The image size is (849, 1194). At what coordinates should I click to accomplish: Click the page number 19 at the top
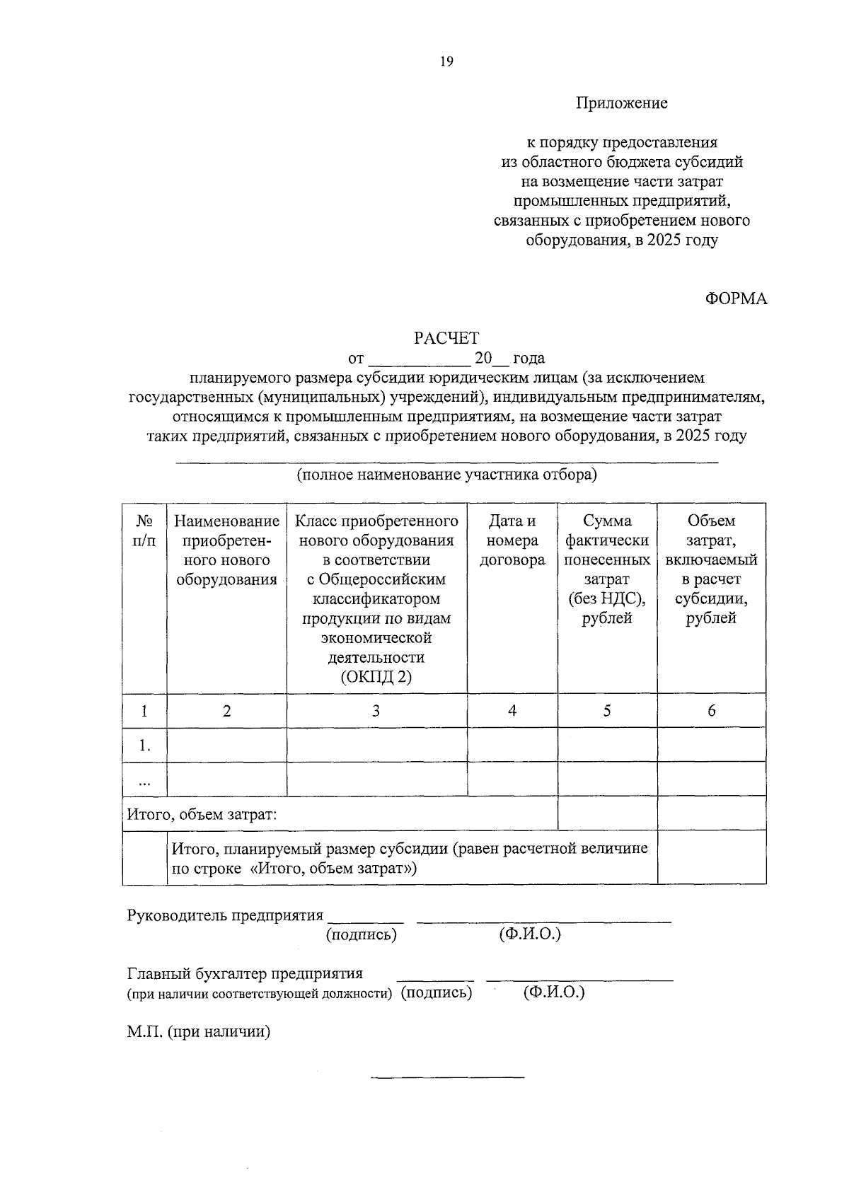(x=446, y=62)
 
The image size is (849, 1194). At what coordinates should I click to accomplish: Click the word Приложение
(x=622, y=103)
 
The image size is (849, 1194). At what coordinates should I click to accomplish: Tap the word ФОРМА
(x=736, y=298)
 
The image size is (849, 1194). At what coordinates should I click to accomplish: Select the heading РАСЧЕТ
(x=446, y=339)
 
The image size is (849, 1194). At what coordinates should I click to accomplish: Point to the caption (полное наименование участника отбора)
(x=446, y=474)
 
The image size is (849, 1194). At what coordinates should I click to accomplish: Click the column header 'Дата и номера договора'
(x=512, y=540)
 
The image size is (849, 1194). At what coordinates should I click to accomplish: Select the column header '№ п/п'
(x=144, y=531)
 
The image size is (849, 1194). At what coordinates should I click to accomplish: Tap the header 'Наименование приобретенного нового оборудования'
(x=226, y=550)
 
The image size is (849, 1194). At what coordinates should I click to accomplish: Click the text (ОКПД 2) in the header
(x=376, y=677)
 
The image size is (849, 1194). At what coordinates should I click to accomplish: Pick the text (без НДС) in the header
(x=607, y=598)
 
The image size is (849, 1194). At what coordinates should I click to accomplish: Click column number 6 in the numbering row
(x=711, y=711)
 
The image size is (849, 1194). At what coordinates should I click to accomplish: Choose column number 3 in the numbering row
(x=376, y=711)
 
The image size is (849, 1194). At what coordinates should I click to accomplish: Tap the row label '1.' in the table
(x=144, y=745)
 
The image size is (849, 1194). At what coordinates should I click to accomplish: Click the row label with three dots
(x=144, y=780)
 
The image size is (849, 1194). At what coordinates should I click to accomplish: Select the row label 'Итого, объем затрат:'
(x=202, y=814)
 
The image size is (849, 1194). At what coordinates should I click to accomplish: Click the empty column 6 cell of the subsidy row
(x=711, y=857)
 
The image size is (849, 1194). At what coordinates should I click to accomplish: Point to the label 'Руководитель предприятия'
(x=225, y=915)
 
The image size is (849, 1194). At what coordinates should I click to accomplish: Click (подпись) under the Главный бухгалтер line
(x=436, y=992)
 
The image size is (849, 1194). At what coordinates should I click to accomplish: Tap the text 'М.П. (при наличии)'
(x=200, y=1032)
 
